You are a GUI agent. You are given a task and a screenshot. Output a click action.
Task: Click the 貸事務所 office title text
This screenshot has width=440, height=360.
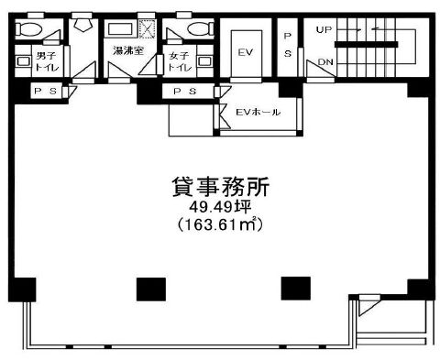220,187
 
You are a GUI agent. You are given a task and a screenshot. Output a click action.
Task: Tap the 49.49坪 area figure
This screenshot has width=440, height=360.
220,208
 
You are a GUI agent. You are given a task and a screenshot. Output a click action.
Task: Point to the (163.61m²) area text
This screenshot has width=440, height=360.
220,225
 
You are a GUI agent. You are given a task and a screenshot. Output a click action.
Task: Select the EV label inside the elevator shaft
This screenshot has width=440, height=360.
246,52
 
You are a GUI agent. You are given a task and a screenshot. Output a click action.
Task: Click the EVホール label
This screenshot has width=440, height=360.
258,112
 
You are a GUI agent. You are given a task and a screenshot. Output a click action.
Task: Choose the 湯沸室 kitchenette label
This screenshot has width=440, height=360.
128,50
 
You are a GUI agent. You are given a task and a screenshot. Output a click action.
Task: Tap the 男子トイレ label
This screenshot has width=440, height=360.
47,61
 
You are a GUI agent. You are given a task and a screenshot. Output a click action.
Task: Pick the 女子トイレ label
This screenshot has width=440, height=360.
180,61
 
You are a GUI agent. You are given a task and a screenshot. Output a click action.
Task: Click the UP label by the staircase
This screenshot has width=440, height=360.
324,30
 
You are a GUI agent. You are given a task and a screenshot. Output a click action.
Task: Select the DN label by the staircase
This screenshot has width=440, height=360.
325,62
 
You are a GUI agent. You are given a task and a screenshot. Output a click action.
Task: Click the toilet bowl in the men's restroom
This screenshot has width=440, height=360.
28,29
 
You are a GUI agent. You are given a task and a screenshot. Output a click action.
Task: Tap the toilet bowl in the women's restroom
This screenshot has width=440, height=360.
201,29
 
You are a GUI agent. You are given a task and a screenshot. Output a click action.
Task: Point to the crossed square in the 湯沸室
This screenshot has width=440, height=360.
148,29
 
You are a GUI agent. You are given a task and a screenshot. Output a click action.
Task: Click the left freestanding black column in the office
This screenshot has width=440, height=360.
151,289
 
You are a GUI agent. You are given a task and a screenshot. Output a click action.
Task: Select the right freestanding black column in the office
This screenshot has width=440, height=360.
296,289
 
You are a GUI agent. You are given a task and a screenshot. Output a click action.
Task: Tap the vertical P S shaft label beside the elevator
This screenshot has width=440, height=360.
288,45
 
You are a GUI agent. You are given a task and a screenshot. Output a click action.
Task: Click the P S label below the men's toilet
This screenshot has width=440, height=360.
46,91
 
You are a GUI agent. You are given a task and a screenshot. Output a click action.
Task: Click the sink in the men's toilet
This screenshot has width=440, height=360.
23,61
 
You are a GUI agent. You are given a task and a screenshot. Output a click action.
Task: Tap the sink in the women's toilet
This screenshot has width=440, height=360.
204,61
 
